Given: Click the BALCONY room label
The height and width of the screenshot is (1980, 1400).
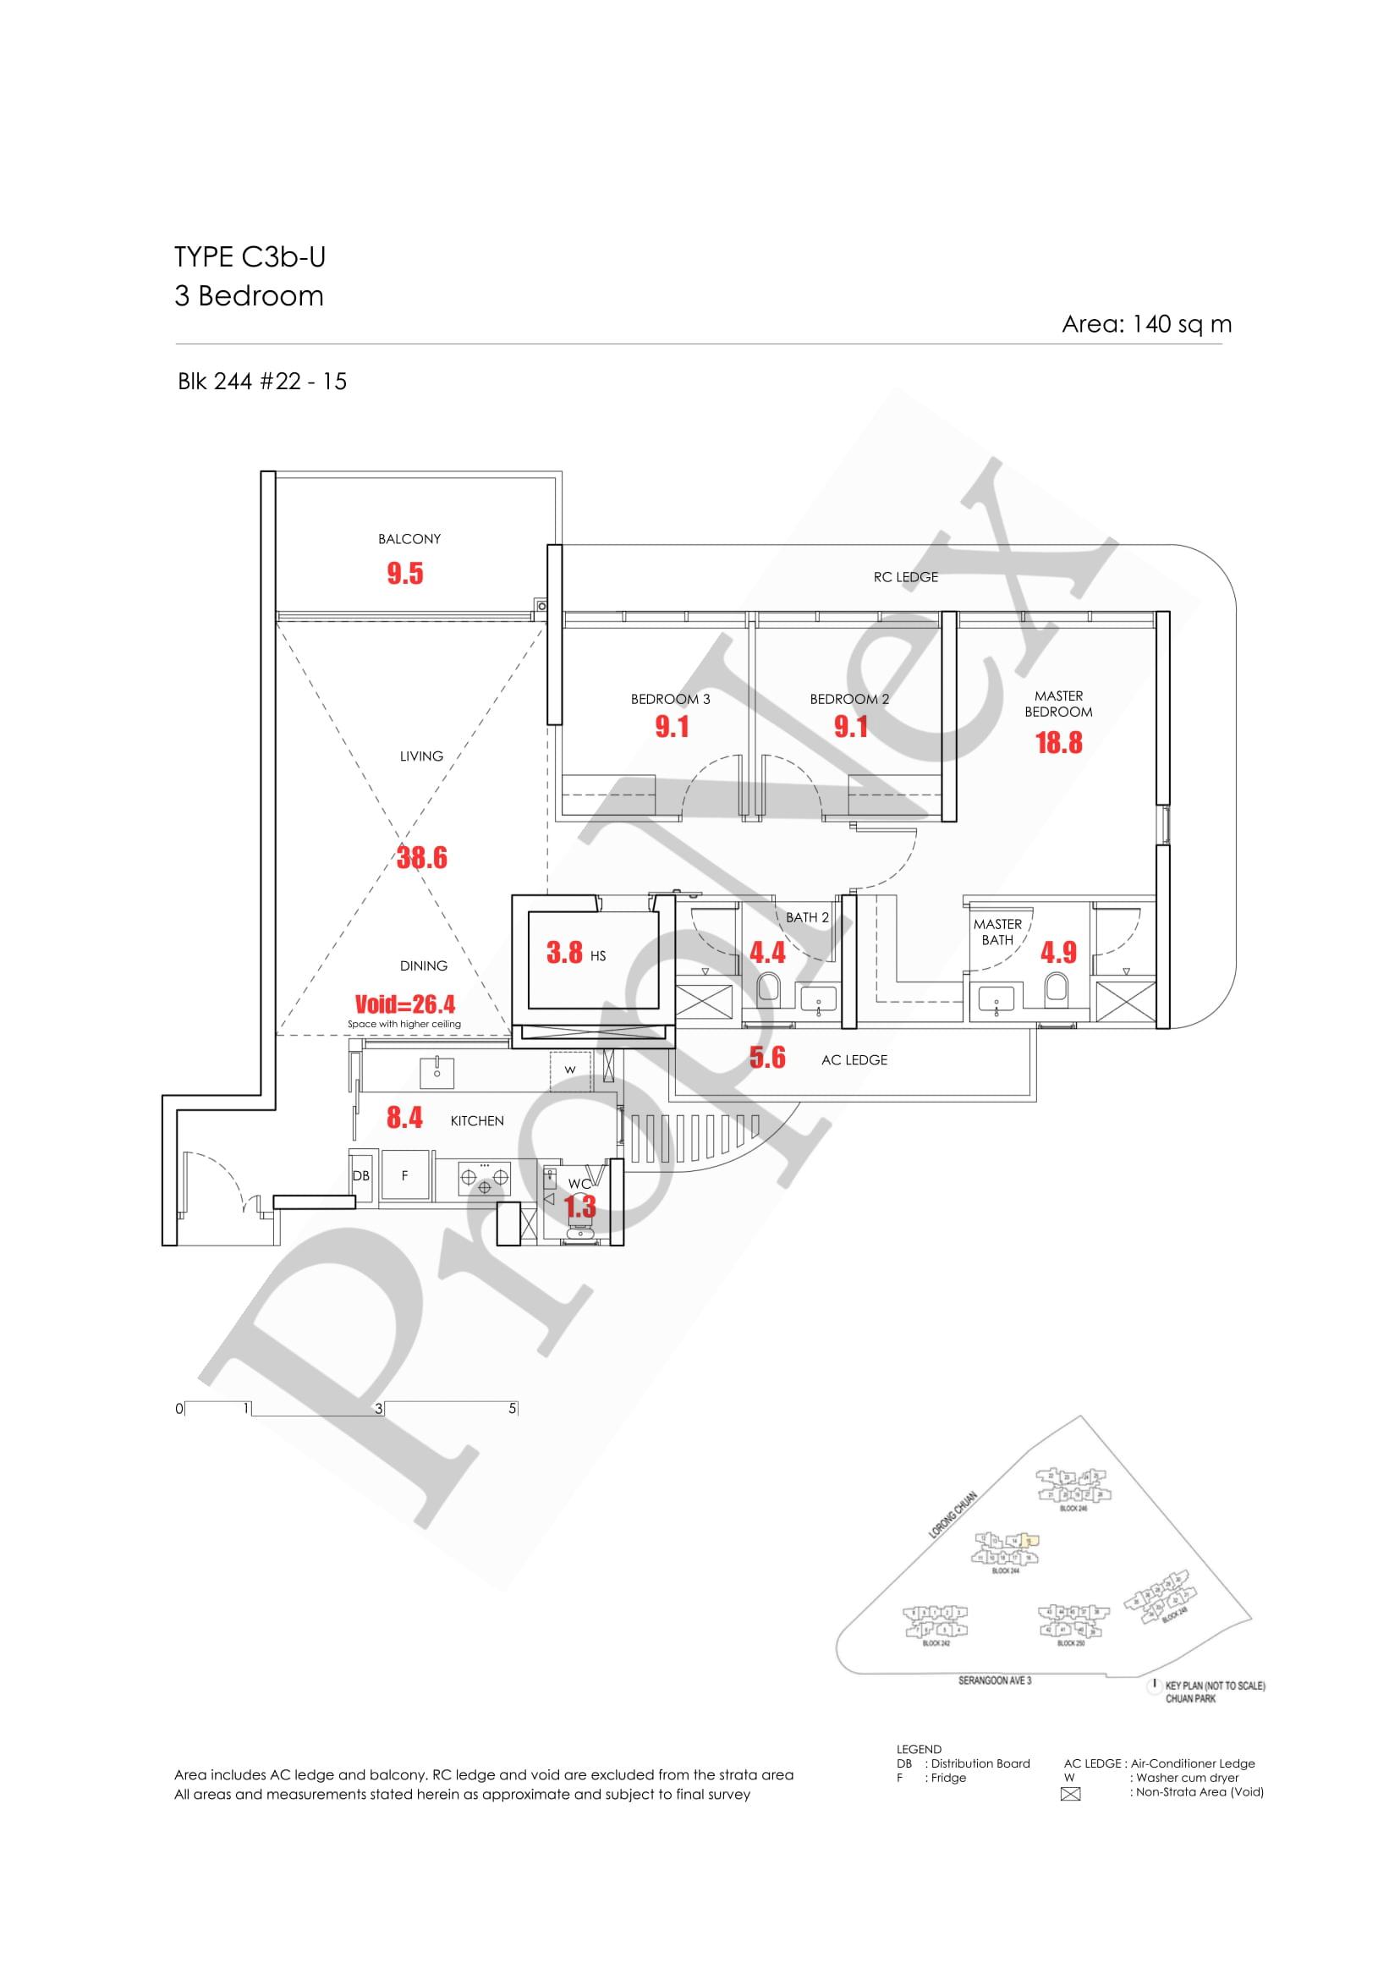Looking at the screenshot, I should [x=409, y=539].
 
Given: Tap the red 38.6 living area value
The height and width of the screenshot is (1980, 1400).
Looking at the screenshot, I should [x=421, y=857].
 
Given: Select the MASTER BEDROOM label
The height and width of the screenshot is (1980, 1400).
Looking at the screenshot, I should [x=1057, y=704].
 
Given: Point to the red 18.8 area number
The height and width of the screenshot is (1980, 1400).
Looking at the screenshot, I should [x=1057, y=743].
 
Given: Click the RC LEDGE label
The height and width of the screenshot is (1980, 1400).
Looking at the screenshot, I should [x=905, y=577].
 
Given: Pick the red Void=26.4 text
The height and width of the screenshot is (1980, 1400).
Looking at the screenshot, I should [x=404, y=1004].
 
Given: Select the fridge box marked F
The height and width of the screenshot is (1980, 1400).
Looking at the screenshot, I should [x=404, y=1176].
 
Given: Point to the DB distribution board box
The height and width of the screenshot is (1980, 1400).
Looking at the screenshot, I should [x=360, y=1176].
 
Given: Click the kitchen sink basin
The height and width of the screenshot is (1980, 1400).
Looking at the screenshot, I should [x=437, y=1071].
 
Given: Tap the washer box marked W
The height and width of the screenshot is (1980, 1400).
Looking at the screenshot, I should [x=570, y=1070].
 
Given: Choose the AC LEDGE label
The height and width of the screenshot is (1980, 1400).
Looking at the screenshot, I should [x=854, y=1060].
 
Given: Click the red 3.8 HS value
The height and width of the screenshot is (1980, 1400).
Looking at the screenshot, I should [x=565, y=952].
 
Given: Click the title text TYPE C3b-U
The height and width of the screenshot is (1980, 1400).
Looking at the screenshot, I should [x=250, y=257].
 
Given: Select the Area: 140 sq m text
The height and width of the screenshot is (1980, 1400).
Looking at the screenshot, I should [x=1145, y=324].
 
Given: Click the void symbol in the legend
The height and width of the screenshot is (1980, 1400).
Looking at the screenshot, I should [x=1071, y=1796].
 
